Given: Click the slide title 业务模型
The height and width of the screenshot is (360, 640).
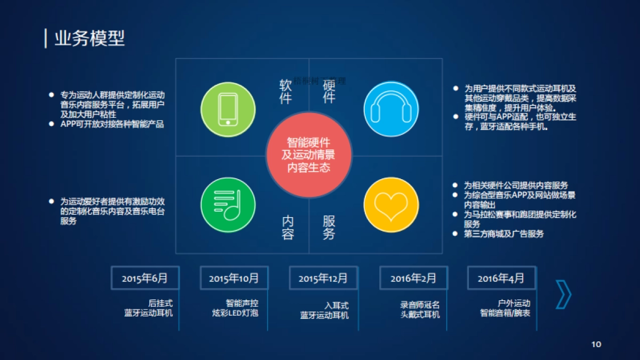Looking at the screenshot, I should click(x=90, y=38).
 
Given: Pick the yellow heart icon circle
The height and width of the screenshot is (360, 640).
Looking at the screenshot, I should click(x=390, y=204).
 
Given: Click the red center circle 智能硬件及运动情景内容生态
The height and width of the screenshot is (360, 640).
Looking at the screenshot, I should click(x=309, y=155).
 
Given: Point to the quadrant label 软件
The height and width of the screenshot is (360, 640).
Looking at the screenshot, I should click(x=286, y=92).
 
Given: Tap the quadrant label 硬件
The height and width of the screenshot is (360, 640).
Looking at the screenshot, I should click(x=329, y=92).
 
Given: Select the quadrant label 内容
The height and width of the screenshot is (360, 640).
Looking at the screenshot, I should click(x=288, y=228).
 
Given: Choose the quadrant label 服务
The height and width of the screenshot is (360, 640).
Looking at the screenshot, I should click(x=329, y=228).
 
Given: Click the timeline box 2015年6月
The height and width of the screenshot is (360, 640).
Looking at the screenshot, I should click(x=145, y=278).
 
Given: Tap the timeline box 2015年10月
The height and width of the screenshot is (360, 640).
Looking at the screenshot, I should click(x=234, y=278).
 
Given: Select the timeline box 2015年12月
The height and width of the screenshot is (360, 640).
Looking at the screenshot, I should click(x=323, y=278).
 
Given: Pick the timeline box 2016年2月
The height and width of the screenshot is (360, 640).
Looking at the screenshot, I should click(x=413, y=278).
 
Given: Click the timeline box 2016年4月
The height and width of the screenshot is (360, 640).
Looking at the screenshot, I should click(x=501, y=278).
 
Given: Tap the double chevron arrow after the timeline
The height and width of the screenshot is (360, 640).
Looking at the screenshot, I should click(x=563, y=294).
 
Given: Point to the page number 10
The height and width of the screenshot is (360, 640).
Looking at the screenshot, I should click(x=596, y=344).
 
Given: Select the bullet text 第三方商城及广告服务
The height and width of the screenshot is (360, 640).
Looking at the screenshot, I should click(x=504, y=234).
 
